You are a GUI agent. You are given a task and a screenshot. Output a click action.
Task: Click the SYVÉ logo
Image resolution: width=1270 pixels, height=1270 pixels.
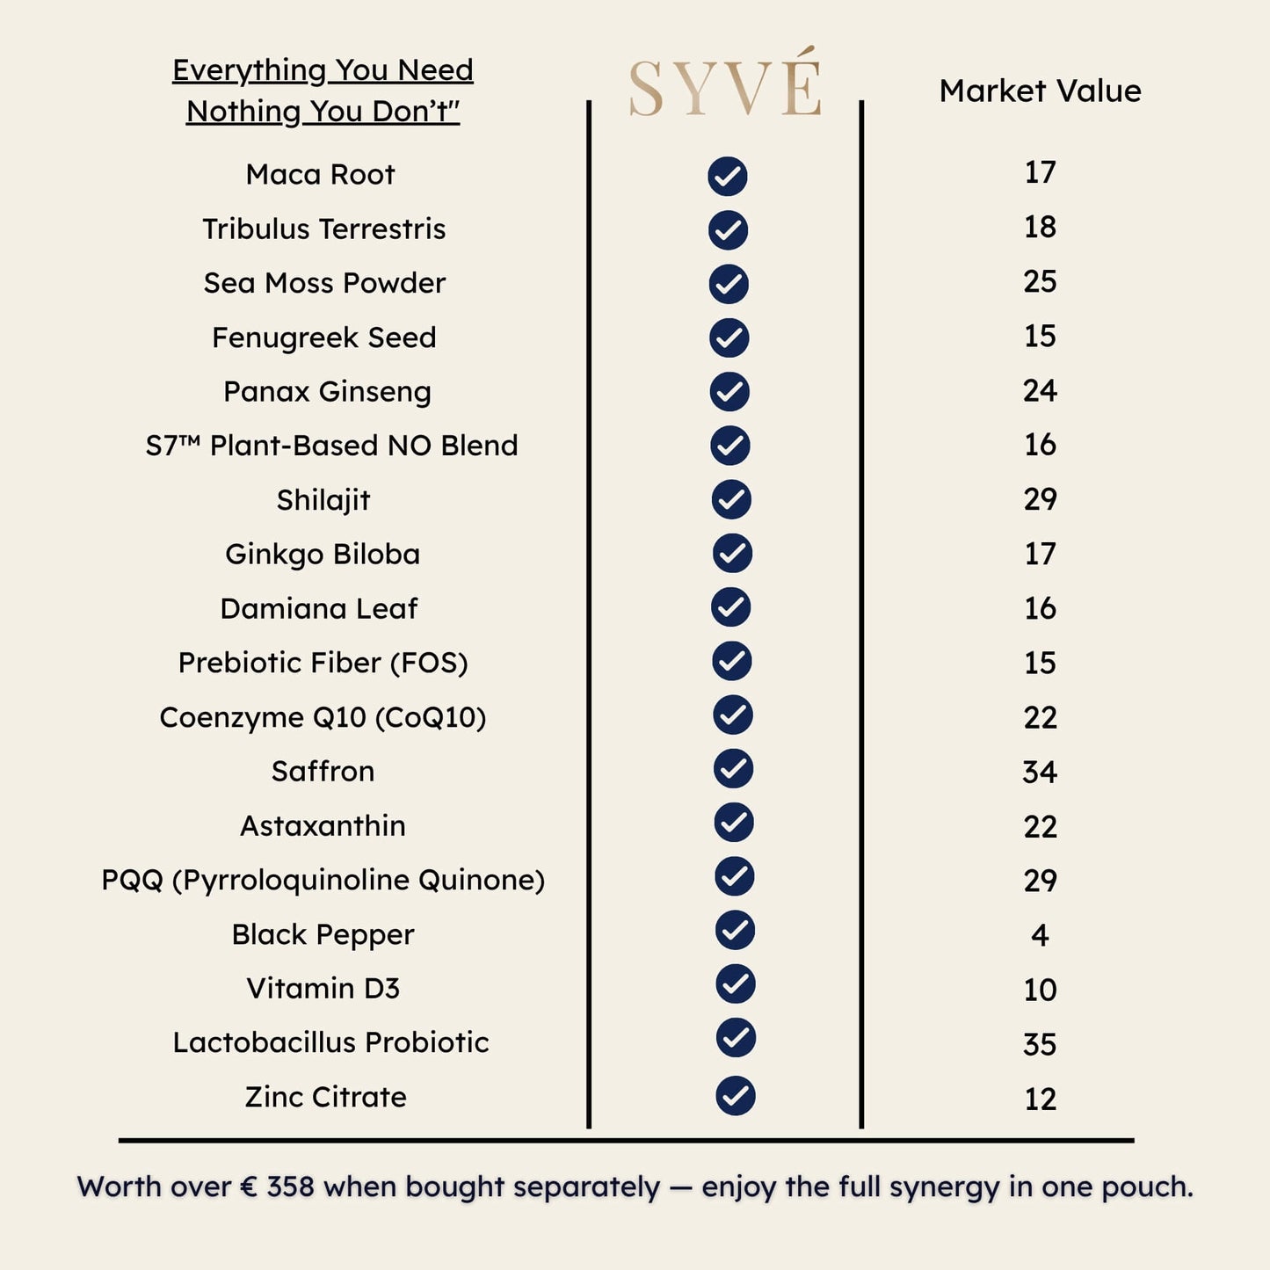[725, 86]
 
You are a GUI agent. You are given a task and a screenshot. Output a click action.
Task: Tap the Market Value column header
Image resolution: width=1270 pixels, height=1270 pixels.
[1040, 91]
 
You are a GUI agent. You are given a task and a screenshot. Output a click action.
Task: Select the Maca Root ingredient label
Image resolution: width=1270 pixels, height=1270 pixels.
[320, 174]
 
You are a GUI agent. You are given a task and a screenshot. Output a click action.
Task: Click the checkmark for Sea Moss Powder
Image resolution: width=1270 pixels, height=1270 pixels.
[728, 284]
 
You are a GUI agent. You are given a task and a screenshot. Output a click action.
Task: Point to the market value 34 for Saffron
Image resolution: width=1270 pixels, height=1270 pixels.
[1040, 772]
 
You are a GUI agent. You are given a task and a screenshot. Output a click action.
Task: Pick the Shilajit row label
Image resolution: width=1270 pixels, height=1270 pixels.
[323, 500]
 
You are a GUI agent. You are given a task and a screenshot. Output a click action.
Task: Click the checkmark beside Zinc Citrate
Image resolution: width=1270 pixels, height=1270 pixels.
[736, 1096]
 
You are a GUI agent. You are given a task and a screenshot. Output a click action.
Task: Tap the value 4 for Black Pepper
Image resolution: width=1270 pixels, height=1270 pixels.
[1040, 935]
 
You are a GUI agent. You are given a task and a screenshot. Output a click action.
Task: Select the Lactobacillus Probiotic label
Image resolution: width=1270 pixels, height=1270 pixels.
[330, 1042]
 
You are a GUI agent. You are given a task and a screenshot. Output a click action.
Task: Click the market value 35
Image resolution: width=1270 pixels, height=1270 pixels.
[1040, 1044]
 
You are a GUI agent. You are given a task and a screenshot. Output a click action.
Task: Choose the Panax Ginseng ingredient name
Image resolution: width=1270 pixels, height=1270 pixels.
[327, 391]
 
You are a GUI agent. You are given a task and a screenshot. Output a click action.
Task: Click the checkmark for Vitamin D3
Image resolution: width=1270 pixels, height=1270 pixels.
[736, 984]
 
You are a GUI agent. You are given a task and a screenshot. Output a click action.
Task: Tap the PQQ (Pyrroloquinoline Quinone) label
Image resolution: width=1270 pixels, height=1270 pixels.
[323, 880]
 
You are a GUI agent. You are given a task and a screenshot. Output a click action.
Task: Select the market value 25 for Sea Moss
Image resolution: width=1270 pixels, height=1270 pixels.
[1040, 281]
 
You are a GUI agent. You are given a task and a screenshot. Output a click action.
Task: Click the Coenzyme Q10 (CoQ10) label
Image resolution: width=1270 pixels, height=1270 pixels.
[323, 717]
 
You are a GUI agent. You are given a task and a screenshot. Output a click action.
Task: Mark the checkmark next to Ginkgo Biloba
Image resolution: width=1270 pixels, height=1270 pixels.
[731, 554]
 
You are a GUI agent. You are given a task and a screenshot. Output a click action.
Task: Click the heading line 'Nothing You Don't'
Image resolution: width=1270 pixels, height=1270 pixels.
[323, 112]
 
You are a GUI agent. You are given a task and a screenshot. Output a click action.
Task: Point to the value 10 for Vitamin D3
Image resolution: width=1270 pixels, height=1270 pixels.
[1040, 990]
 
